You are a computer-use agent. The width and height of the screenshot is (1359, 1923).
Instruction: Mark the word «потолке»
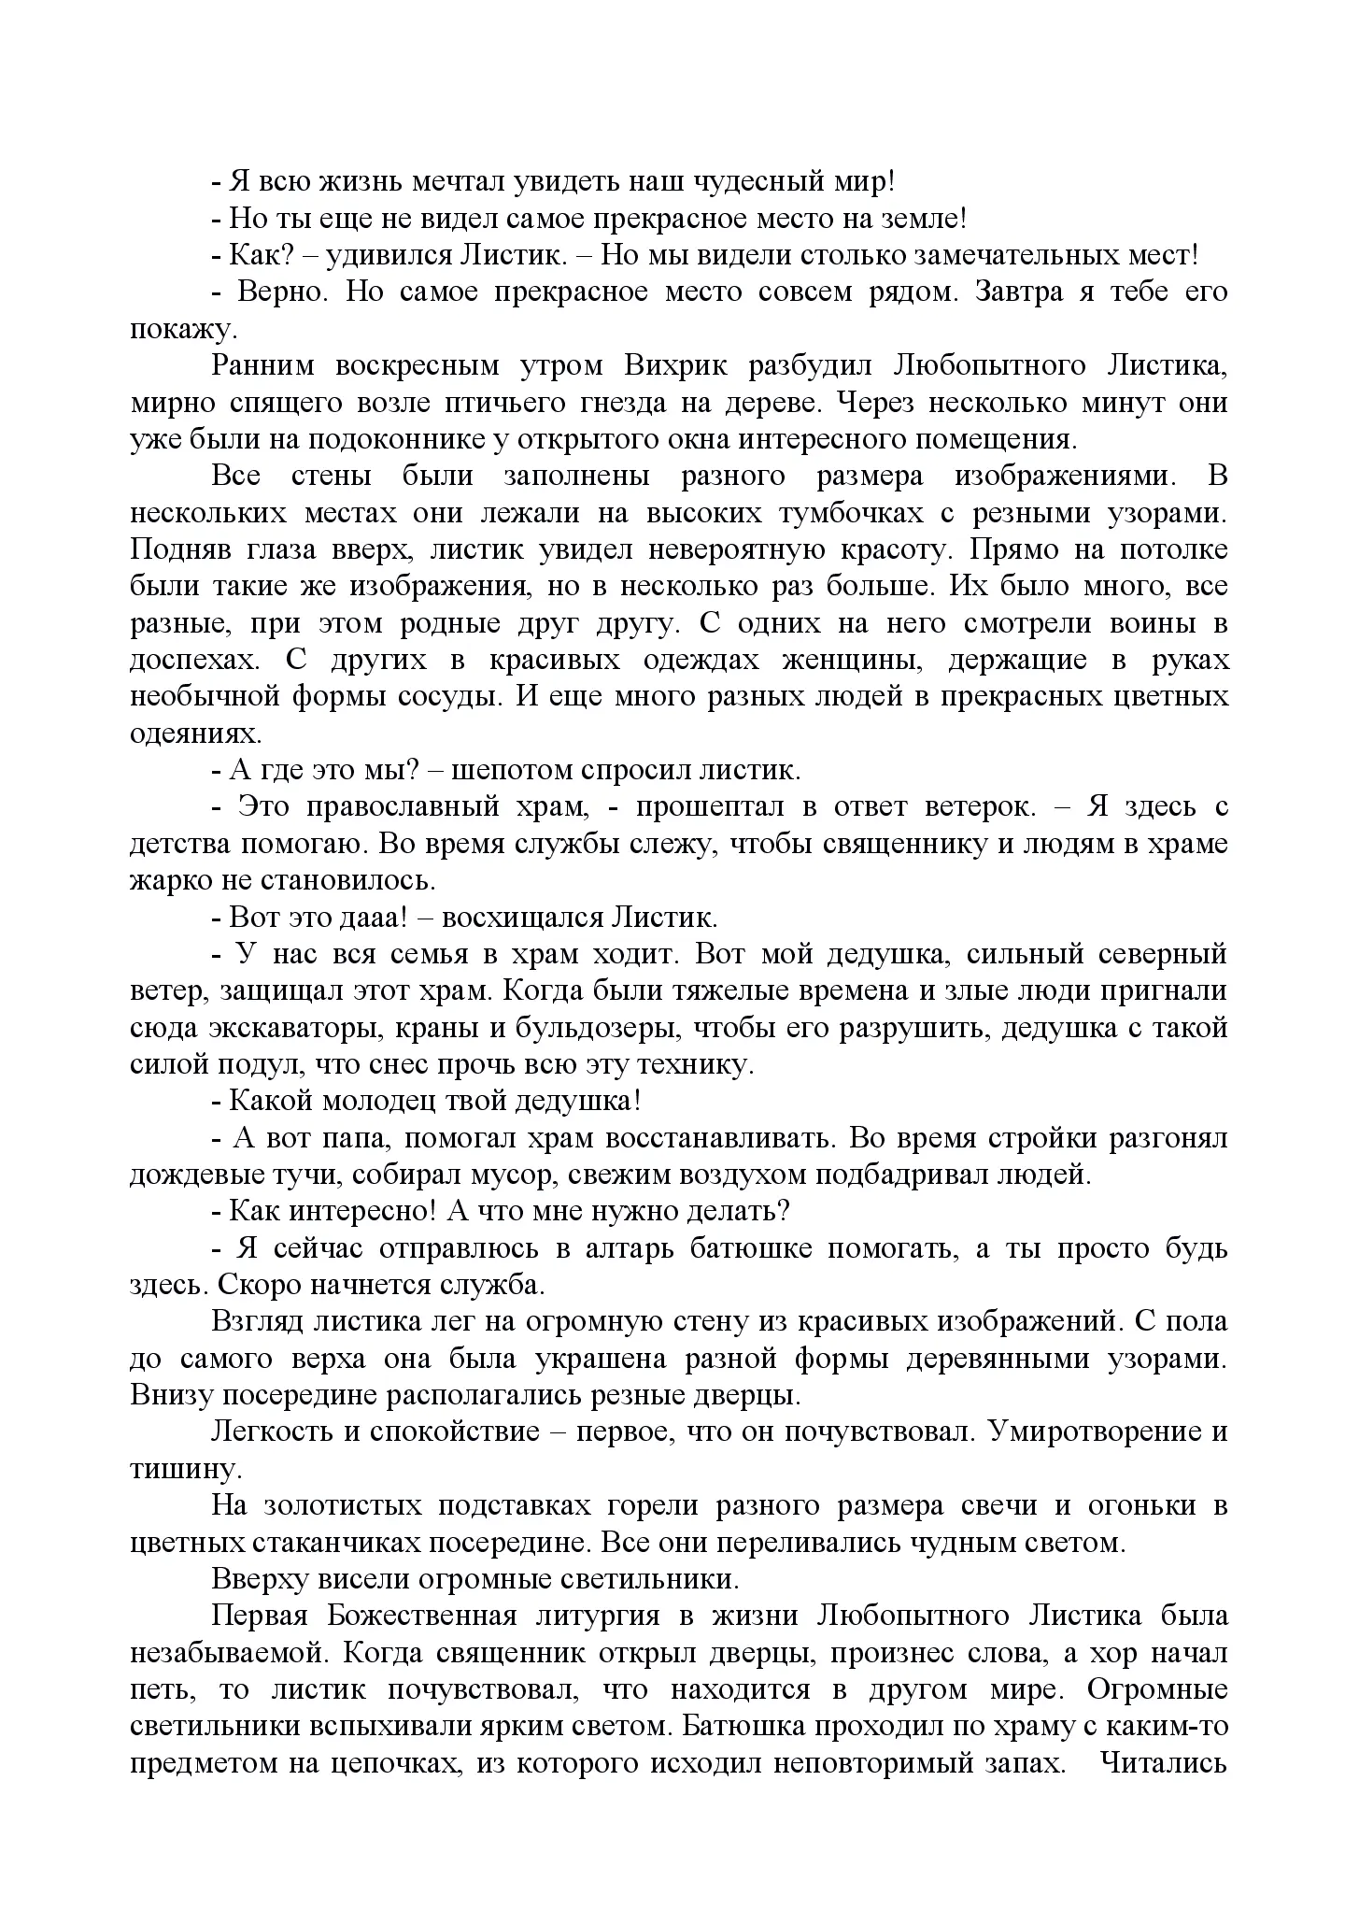tap(1171, 549)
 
